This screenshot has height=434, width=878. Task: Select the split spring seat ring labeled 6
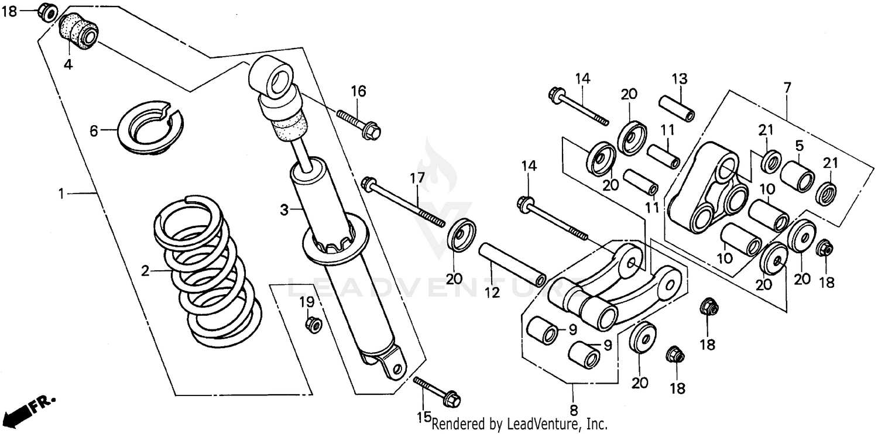click(x=150, y=126)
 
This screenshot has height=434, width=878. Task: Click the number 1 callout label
click(x=60, y=192)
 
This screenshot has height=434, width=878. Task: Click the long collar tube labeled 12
click(x=512, y=265)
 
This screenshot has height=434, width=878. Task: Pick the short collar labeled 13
click(x=677, y=108)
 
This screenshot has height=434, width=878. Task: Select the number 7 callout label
click(x=787, y=89)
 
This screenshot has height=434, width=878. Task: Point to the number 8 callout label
click(x=574, y=409)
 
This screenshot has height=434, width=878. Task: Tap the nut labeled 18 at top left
click(x=47, y=11)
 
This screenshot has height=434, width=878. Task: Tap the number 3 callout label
click(x=284, y=210)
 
